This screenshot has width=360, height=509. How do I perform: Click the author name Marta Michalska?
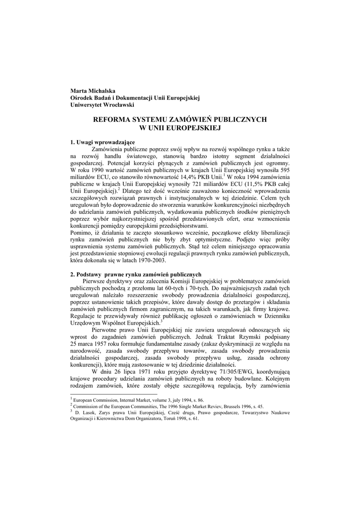(92, 91)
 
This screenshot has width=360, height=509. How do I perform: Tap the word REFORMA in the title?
(111, 120)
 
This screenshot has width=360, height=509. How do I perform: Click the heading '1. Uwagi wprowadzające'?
(103, 143)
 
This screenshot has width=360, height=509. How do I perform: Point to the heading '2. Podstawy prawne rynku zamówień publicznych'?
(136, 274)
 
